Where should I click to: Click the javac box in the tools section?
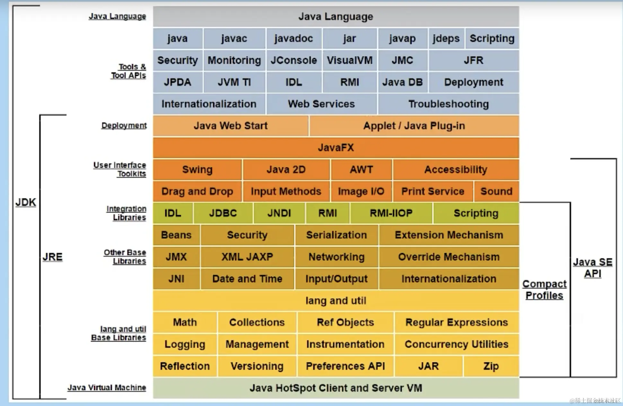coord(234,39)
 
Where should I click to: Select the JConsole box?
coord(294,60)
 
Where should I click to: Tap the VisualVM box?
coord(349,60)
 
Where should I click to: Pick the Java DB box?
coord(402,82)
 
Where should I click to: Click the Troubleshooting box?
coord(448,104)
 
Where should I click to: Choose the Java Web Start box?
coord(230,126)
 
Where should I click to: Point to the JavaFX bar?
coord(336,148)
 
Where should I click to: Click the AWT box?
coord(361,170)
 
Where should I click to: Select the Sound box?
coord(496,191)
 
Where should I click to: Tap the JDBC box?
coord(223,213)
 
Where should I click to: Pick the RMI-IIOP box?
coord(391,213)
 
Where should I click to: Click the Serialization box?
coord(336,235)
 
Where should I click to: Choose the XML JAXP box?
coord(247,257)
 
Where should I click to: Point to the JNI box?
coord(176,279)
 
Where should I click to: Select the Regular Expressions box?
coord(456,322)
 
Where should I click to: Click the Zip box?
coord(491,366)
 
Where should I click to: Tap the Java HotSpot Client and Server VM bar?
coord(336,388)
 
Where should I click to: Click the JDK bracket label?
coord(26,202)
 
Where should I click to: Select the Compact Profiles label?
coord(544,290)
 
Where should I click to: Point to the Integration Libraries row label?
coord(127,213)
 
